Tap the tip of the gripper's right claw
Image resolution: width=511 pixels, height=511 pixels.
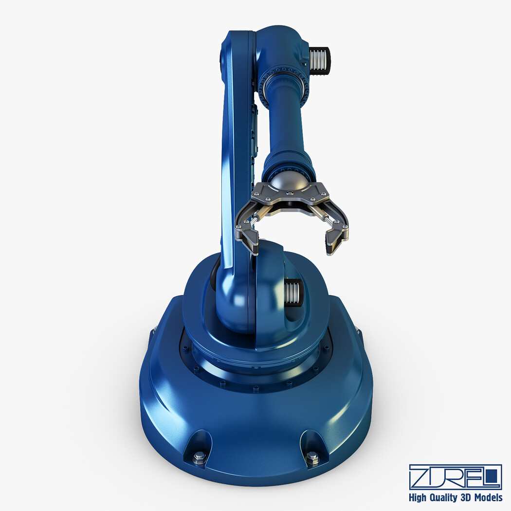328,254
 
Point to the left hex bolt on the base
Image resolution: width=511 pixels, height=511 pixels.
199,457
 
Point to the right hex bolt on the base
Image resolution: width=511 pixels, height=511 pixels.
312,457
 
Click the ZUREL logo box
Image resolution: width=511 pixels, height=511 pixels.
455,477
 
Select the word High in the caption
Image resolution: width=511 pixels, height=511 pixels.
418,498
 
